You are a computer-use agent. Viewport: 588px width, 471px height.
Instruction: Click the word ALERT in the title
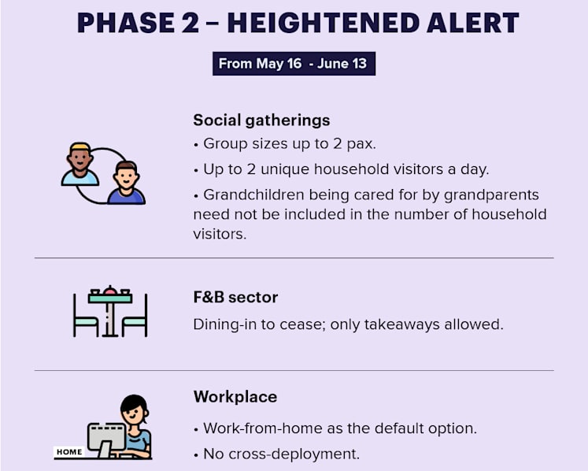click(472, 23)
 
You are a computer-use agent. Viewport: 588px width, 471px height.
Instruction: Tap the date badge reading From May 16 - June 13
click(294, 64)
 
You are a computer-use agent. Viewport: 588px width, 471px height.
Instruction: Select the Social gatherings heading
click(261, 121)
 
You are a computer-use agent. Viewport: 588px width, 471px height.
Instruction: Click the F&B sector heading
click(235, 297)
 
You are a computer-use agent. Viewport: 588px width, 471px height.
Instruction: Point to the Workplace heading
click(235, 397)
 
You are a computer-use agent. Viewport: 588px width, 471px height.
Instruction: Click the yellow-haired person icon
click(80, 164)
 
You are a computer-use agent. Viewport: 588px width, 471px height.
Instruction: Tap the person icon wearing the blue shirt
click(126, 183)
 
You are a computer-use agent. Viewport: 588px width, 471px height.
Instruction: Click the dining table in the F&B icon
click(110, 311)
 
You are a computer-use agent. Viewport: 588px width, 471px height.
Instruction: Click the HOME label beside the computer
click(69, 452)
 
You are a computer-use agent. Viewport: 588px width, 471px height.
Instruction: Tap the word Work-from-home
click(262, 428)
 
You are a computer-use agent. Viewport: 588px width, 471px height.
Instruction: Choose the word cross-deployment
click(294, 454)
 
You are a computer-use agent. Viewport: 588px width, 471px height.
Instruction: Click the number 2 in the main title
click(190, 23)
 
